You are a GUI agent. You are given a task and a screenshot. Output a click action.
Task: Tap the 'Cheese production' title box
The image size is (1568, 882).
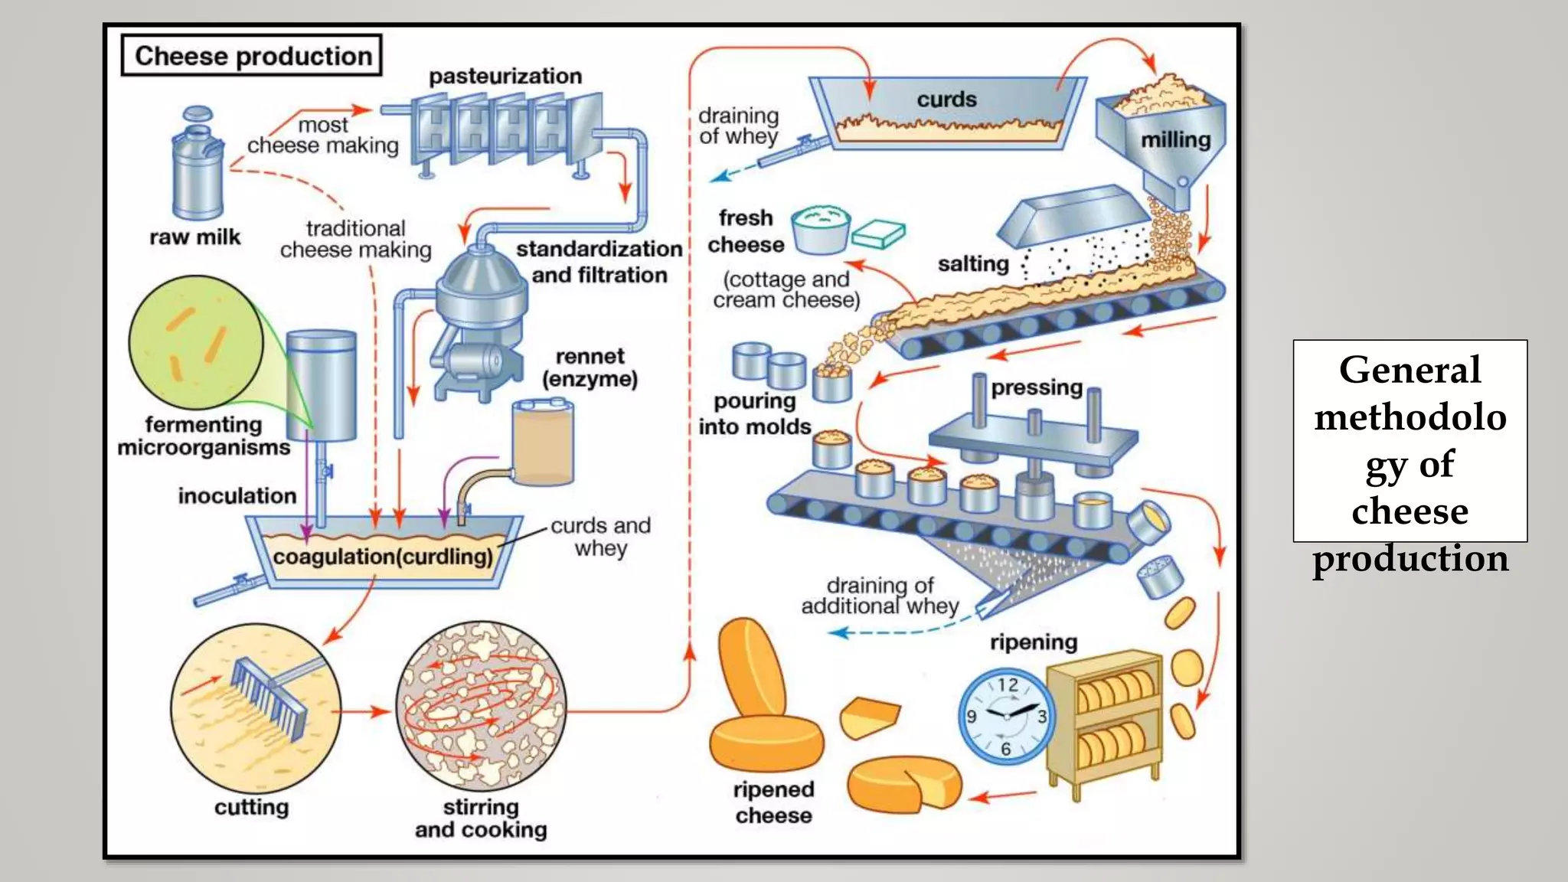pos(252,56)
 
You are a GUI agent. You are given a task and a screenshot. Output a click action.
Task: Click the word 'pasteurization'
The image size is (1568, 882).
pos(505,77)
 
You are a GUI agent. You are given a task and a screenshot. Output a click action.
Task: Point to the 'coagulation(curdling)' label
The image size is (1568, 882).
pos(383,557)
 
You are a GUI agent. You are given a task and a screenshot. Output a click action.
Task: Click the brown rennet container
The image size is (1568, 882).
pos(543,444)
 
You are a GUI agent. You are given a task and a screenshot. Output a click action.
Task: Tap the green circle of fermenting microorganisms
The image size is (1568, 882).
pos(196,341)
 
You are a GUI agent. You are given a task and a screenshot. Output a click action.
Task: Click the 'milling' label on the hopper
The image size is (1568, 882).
pos(1175,140)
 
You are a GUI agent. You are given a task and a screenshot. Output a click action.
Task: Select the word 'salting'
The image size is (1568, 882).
pos(973,264)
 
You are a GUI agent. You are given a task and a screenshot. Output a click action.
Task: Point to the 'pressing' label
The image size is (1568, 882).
pos(1037,387)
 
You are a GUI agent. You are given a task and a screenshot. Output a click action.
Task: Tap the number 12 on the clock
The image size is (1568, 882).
pos(1008,684)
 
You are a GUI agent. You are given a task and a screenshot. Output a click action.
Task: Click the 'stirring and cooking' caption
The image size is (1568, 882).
pos(481,818)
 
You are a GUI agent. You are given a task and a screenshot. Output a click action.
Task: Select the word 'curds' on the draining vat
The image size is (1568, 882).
pos(946,100)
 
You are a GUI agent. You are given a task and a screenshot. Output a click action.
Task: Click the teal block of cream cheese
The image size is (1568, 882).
pos(879,234)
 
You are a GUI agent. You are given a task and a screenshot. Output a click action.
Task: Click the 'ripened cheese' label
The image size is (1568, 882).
pos(773,802)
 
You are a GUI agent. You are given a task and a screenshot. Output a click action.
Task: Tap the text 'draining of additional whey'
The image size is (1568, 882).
pos(880,596)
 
